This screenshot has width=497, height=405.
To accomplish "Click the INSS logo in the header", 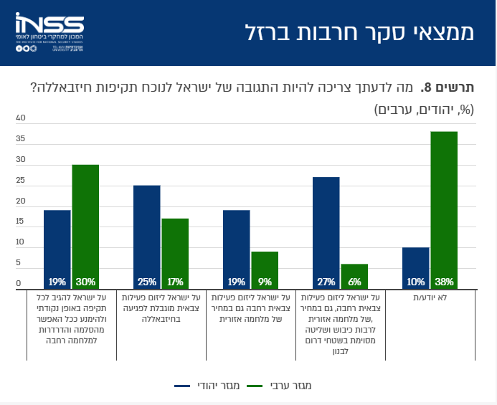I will click(x=49, y=32).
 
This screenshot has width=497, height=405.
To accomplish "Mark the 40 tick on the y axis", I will click(x=20, y=118).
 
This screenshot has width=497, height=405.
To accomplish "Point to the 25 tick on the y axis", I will click(x=20, y=181).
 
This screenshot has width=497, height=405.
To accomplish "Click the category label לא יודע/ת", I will click(x=430, y=297).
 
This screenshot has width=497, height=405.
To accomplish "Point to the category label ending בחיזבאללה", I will click(x=161, y=308).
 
